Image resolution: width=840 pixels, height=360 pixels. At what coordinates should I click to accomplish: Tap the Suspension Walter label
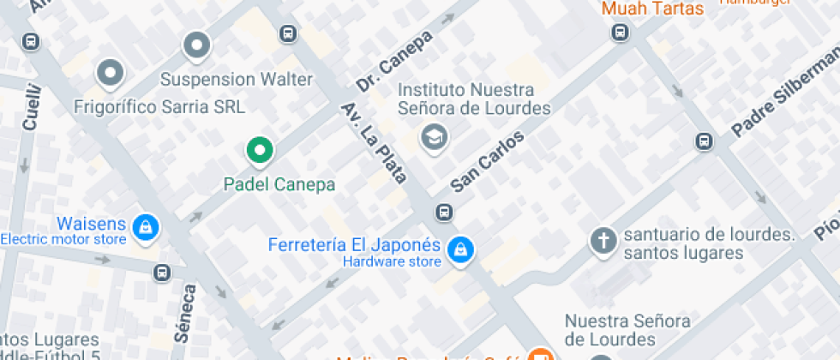pyautogui.click(x=237, y=80)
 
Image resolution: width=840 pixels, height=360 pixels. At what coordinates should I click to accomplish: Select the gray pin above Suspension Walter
pyautogui.click(x=197, y=45)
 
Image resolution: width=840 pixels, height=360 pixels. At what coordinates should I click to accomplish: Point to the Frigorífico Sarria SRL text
pyautogui.click(x=159, y=107)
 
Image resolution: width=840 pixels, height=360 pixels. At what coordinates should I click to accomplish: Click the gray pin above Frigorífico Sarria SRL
pyautogui.click(x=110, y=75)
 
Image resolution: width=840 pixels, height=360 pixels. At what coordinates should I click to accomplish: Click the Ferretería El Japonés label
pyautogui.click(x=354, y=244)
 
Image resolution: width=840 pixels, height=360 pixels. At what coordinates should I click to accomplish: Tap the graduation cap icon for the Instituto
pyautogui.click(x=435, y=136)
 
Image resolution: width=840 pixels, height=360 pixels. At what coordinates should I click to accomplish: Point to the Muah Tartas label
pyautogui.click(x=652, y=9)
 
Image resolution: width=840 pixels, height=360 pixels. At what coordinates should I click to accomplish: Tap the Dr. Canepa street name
pyautogui.click(x=395, y=63)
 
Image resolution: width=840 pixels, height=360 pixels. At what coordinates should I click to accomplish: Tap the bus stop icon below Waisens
pyautogui.click(x=161, y=273)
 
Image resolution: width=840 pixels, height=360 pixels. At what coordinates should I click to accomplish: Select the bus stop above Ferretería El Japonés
pyautogui.click(x=444, y=212)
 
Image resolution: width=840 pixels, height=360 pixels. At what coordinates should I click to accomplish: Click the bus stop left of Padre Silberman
pyautogui.click(x=704, y=141)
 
